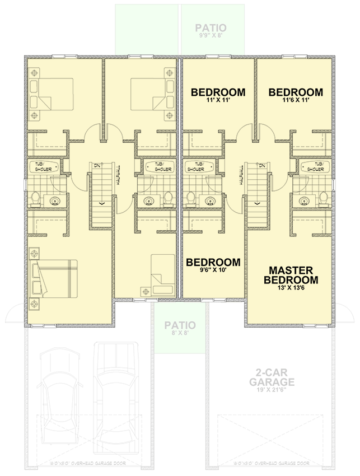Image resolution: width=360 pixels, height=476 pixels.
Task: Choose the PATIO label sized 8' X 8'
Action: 180,325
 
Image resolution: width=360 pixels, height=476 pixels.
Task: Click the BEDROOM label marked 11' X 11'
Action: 218,92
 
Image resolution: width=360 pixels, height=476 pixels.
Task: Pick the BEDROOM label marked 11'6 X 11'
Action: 296,92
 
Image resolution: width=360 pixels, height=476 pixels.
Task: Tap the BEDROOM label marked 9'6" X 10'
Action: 213,262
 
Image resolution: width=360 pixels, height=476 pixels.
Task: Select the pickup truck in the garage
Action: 116,392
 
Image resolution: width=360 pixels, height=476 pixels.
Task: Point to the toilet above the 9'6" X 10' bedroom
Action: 190,198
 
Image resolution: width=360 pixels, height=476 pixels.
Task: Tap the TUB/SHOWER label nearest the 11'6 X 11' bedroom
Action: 312,166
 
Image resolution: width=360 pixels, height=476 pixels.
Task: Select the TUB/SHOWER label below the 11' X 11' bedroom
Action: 195,166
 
